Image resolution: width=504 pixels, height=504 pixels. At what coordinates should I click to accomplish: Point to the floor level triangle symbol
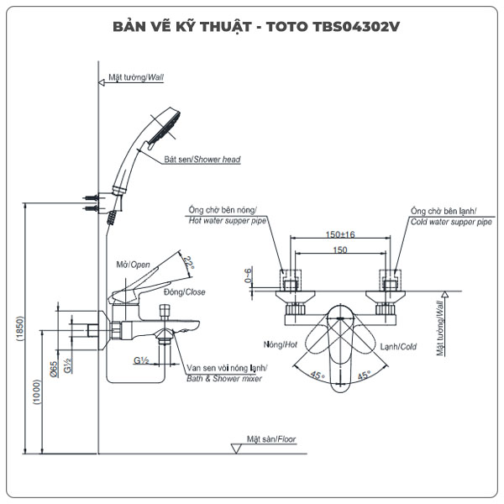236,449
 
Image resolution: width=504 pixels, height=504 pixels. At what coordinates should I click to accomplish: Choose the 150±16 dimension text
340,235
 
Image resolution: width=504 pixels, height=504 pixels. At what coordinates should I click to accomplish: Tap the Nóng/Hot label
280,345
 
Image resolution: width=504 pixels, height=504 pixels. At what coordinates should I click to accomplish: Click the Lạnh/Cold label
397,346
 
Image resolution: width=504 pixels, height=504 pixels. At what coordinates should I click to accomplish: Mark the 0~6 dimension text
248,276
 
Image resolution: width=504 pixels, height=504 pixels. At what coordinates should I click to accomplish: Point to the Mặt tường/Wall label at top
137,76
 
